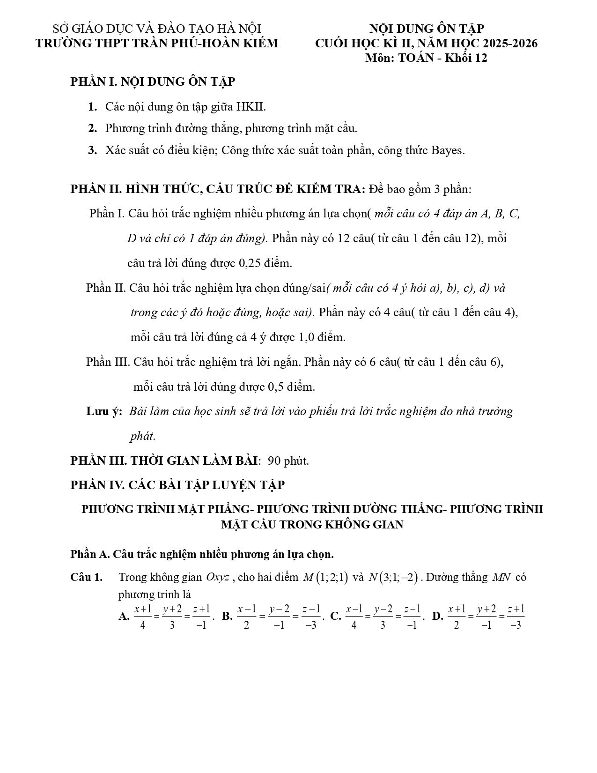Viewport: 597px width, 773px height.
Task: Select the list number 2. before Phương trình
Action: pos(93,128)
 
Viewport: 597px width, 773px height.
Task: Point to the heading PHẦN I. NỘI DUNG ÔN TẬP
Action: pos(153,82)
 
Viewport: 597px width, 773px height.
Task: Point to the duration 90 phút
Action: pos(288,461)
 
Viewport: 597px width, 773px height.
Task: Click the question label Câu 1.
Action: pos(87,577)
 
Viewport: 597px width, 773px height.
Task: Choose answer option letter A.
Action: pos(124,617)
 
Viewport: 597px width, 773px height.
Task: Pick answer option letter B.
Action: pos(227,617)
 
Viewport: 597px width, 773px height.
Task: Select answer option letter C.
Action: pos(335,617)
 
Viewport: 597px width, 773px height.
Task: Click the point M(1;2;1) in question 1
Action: pos(325,578)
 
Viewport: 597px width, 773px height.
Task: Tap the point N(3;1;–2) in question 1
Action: pos(392,578)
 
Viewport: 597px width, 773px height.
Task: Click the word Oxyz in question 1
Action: pos(217,578)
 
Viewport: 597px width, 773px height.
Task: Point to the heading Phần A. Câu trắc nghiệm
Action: pos(202,554)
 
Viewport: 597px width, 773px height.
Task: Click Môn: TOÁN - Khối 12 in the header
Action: pos(426,58)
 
